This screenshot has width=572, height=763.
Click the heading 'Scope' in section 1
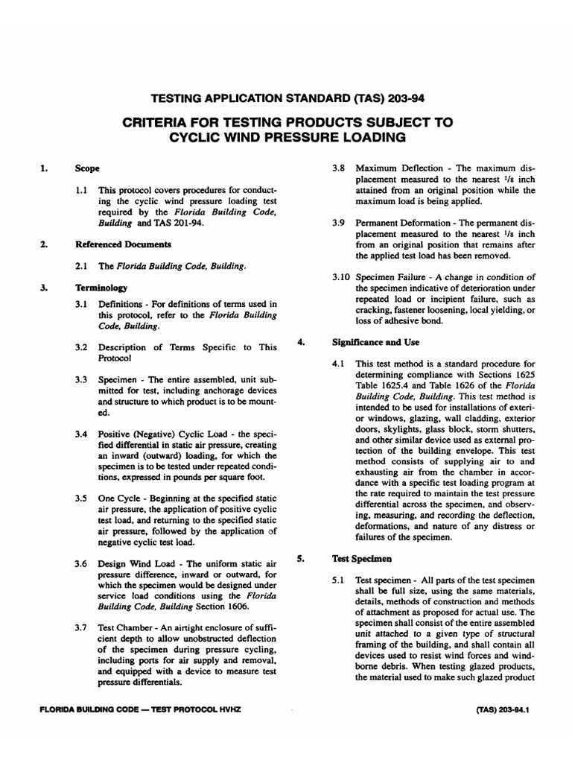(x=87, y=169)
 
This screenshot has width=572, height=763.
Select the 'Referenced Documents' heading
(x=123, y=244)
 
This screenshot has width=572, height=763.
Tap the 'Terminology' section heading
(x=101, y=287)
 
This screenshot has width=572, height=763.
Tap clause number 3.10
(x=340, y=277)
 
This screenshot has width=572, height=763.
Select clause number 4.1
(x=339, y=364)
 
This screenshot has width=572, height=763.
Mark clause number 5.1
(x=339, y=580)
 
